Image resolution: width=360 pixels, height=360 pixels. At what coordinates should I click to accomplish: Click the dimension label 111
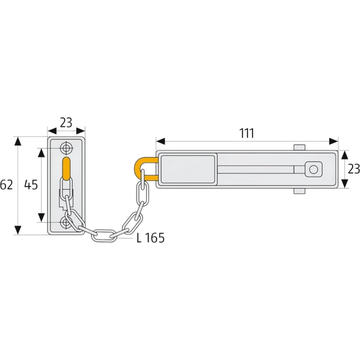tap(246, 133)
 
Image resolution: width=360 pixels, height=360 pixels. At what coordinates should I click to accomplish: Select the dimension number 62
tap(6, 185)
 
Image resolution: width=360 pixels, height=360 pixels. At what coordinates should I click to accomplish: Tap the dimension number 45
tap(31, 185)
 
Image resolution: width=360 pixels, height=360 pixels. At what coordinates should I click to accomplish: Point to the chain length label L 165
tap(150, 238)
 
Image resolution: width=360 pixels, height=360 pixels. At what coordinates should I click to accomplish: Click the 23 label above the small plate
tap(66, 122)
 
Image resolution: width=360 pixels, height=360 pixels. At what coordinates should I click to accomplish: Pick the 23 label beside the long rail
tap(354, 169)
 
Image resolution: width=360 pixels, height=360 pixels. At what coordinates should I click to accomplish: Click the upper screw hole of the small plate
tap(66, 148)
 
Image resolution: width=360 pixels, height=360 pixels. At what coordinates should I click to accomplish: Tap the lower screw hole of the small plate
tap(66, 222)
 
